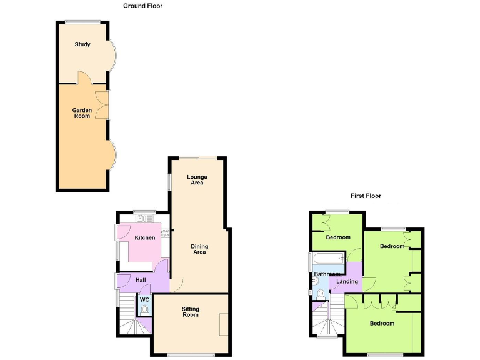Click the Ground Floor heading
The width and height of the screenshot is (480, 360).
click(x=143, y=6)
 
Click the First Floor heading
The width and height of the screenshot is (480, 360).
click(x=366, y=196)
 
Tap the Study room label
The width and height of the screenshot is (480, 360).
click(x=82, y=44)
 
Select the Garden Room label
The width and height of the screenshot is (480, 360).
click(x=82, y=113)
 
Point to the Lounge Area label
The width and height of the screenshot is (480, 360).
click(x=197, y=180)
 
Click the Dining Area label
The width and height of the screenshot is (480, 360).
click(x=199, y=249)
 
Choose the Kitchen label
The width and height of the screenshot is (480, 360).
click(x=145, y=237)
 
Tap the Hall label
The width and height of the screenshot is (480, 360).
click(x=141, y=279)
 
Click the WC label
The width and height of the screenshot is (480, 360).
click(x=144, y=299)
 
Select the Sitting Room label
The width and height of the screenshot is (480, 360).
click(x=191, y=312)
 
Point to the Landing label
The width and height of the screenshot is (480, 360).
click(x=347, y=282)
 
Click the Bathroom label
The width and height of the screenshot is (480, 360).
click(x=327, y=274)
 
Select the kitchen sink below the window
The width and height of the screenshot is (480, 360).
click(x=141, y=219)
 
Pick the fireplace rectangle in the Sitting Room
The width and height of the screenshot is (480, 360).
click(x=223, y=324)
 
